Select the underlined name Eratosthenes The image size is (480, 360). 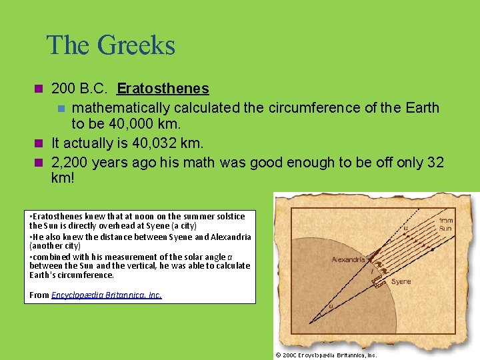pyautogui.click(x=163, y=89)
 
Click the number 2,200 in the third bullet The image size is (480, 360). pyautogui.click(x=69, y=162)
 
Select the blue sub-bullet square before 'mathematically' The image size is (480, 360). pyautogui.click(x=61, y=108)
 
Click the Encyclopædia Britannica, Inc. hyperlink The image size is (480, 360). pyautogui.click(x=107, y=295)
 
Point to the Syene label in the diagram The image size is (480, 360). pyautogui.click(x=401, y=282)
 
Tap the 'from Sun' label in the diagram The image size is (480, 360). pyautogui.click(x=445, y=224)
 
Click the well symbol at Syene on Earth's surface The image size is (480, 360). pyautogui.click(x=379, y=282)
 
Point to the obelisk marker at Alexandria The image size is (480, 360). pyautogui.click(x=371, y=255)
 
